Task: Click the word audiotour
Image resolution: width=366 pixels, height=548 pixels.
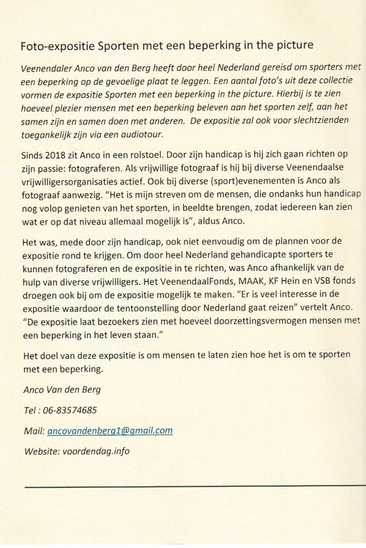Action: click(142, 135)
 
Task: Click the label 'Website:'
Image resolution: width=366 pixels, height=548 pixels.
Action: click(41, 451)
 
